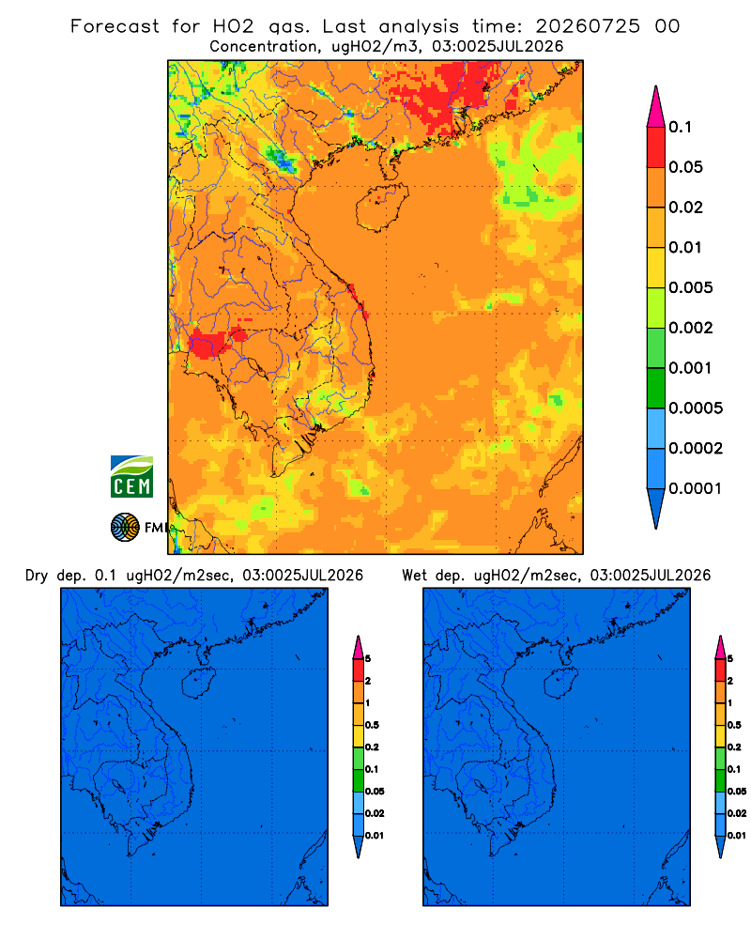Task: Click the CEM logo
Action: click(x=131, y=477)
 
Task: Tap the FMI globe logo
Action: click(x=125, y=528)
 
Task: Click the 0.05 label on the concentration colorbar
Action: click(x=685, y=167)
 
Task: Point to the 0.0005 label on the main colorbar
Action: click(x=696, y=408)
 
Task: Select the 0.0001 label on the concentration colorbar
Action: click(x=696, y=488)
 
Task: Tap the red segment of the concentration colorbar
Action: click(x=656, y=147)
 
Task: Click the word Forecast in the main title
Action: click(x=115, y=26)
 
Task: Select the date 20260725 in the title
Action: click(x=588, y=26)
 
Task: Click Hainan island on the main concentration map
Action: click(x=382, y=208)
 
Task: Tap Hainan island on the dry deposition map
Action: click(x=198, y=682)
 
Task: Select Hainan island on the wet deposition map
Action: click(x=561, y=682)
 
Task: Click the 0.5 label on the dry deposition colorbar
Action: click(x=372, y=725)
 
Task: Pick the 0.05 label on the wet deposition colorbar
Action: click(x=737, y=792)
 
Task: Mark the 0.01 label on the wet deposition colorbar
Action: click(x=737, y=836)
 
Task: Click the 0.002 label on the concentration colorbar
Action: click(x=691, y=328)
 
